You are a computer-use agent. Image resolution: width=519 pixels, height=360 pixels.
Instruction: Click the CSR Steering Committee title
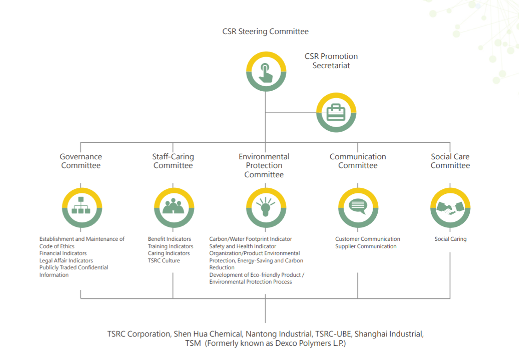click(265, 32)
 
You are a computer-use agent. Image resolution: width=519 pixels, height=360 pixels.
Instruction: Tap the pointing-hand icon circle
click(266, 72)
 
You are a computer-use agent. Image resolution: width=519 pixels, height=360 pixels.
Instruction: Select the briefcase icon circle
click(336, 113)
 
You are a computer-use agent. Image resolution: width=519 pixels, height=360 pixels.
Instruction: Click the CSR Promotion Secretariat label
click(331, 61)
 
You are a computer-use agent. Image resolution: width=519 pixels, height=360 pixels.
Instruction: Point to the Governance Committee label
click(81, 161)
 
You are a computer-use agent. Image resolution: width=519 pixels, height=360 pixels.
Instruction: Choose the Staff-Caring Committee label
click(173, 161)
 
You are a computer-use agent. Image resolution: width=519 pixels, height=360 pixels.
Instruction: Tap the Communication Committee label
click(358, 161)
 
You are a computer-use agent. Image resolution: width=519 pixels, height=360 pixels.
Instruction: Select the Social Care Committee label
click(450, 161)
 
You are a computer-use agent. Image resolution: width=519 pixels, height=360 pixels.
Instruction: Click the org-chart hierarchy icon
click(81, 207)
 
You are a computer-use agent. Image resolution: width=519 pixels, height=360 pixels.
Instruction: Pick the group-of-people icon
click(173, 207)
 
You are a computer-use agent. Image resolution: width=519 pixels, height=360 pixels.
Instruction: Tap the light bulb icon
click(266, 207)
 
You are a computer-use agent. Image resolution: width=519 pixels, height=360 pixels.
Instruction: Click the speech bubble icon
click(358, 207)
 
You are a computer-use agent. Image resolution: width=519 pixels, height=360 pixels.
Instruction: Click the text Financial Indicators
click(63, 253)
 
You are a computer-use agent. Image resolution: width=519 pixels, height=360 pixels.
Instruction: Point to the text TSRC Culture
click(164, 261)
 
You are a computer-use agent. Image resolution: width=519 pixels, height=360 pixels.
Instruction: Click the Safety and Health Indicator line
click(242, 246)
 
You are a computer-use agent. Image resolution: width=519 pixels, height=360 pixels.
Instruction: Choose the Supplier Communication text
click(366, 246)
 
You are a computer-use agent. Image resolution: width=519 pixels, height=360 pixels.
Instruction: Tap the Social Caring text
click(450, 239)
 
